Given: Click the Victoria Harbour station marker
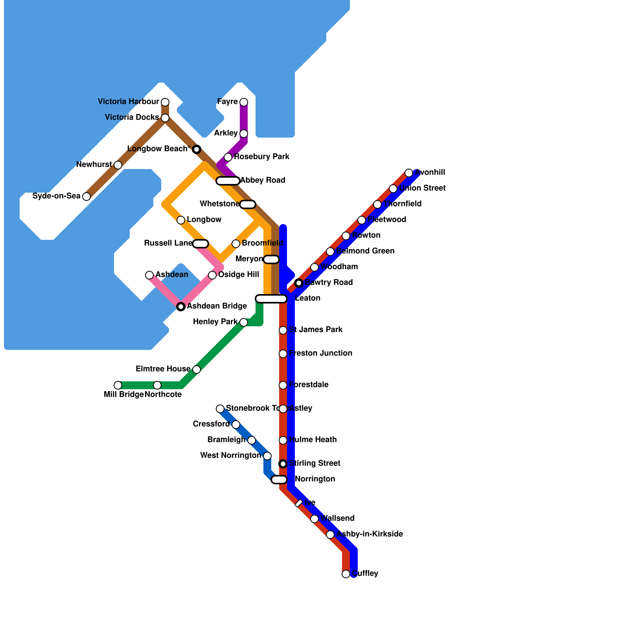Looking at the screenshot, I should (165, 102).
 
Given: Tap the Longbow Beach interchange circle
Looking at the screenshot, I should (197, 149).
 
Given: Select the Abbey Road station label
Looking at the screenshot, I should (263, 180).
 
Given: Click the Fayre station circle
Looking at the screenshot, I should (244, 102).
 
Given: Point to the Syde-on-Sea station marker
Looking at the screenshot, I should (86, 197).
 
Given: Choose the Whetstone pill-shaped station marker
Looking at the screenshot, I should (248, 204).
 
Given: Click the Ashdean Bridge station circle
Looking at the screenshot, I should (181, 307).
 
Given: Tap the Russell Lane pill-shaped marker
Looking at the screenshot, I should (200, 244).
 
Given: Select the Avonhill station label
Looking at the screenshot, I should (430, 173).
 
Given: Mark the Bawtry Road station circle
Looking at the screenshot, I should (299, 283).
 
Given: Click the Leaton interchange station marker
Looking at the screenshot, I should (271, 299).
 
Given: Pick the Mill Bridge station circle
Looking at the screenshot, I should (118, 385).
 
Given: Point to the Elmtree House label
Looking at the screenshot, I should (163, 369).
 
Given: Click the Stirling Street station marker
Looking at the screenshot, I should (283, 464).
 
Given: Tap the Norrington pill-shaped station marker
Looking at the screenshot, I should (279, 480).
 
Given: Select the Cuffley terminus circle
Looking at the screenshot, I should (346, 574).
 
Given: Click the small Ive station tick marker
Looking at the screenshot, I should (299, 503).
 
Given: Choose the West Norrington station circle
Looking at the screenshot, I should (267, 456).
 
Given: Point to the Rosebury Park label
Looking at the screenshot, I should (262, 157).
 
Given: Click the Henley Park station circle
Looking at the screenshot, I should (244, 322).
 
